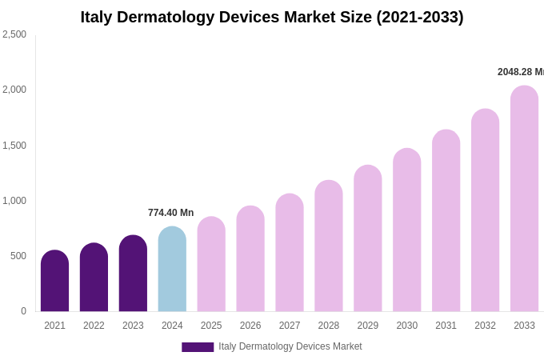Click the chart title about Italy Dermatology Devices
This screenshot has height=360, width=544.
272,17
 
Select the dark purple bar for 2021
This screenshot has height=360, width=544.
54,281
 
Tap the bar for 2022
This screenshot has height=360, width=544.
94,278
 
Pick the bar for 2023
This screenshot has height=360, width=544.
133,274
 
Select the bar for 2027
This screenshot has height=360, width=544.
290,253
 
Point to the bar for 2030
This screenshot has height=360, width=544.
406,230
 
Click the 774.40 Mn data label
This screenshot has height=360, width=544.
170,213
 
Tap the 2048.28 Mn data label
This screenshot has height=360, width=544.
521,72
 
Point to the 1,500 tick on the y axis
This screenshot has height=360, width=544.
14,146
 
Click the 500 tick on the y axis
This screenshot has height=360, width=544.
18,256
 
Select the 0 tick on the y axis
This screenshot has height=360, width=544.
23,311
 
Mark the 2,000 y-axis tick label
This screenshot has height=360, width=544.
14,90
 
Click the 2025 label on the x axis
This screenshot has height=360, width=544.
211,326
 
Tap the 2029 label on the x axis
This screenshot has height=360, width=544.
367,326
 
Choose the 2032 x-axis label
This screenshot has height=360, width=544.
485,326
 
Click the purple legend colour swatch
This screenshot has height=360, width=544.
198,347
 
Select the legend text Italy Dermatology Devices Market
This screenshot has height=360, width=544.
290,346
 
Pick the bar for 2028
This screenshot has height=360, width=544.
328,246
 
